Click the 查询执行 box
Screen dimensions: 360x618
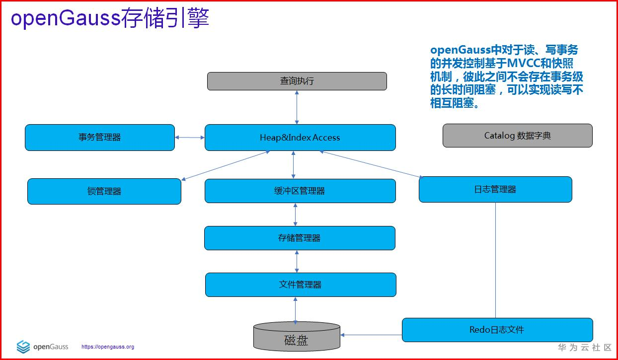pos(297,81)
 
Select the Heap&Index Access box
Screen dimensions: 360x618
pos(300,138)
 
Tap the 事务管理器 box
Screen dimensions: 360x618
pos(100,138)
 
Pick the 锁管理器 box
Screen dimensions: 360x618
pos(104,191)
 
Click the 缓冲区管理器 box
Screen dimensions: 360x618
pos(300,191)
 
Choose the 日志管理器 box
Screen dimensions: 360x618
pos(495,189)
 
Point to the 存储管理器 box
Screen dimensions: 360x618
pos(300,238)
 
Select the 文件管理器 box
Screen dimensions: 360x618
pos(301,285)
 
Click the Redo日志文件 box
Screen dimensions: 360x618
pos(497,330)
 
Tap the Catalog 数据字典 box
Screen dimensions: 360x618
pos(517,136)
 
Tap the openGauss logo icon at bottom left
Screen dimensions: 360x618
pos(23,347)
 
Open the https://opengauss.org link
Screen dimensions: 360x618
pos(108,347)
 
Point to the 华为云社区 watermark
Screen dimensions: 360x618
pos(584,348)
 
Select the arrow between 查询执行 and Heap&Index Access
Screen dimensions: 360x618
pos(297,107)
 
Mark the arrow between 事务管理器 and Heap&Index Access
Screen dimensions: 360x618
pos(190,138)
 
